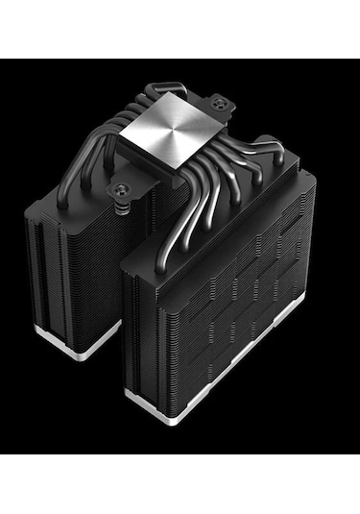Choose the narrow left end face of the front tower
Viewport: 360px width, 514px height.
134,317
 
